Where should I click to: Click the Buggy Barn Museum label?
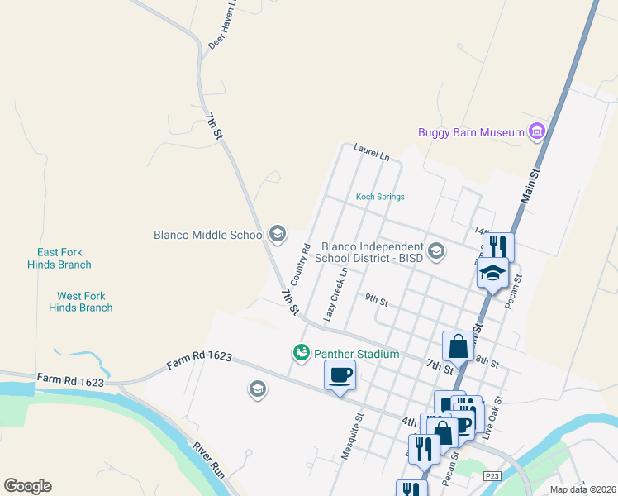pos(471,132)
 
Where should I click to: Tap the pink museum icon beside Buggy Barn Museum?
pos(537,131)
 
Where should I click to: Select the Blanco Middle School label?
pos(209,235)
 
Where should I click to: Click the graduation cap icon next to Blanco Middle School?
pos(277,235)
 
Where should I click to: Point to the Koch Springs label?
pos(380,197)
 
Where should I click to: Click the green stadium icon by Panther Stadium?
pos(302,353)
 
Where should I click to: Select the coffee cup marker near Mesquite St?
pos(340,375)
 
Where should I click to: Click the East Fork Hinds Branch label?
pos(64,259)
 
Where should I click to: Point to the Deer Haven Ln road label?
pos(221,25)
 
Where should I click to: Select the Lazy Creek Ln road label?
pos(336,294)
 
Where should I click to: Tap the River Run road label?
pos(208,460)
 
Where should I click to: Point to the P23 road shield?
pos(492,475)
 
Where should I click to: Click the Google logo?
pos(27,486)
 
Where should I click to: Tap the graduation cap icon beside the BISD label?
pos(435,250)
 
